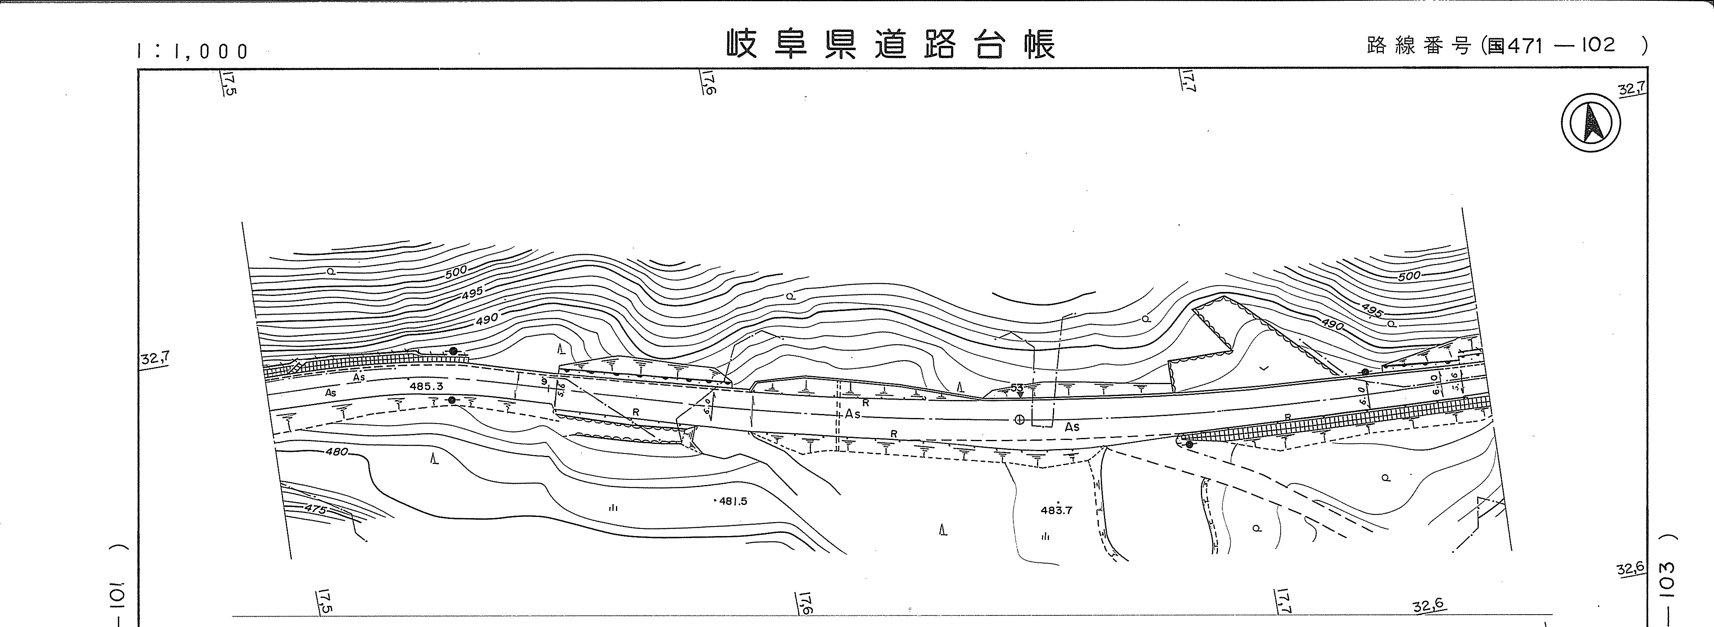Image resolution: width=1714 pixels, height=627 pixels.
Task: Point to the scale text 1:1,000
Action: [192, 51]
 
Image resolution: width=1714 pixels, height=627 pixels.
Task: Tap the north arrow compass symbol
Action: [1591, 123]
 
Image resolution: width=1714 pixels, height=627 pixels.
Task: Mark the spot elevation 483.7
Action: [1056, 511]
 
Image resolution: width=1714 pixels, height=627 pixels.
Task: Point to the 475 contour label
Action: [315, 509]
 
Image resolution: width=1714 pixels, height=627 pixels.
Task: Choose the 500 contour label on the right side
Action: [1409, 276]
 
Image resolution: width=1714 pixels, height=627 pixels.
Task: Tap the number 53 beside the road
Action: [1017, 387]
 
